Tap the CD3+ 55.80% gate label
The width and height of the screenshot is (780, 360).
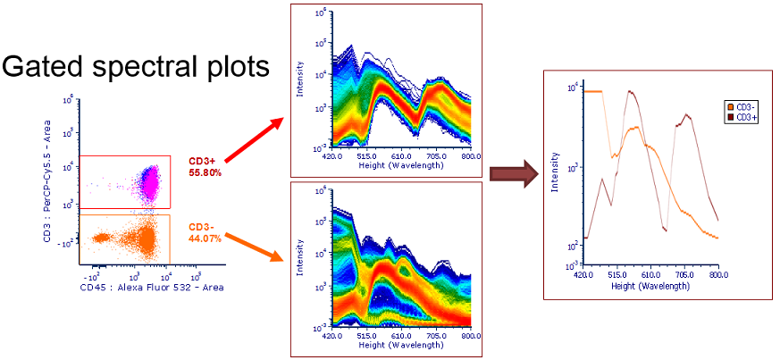[x=204, y=167]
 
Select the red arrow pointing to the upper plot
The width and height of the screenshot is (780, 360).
[x=256, y=140]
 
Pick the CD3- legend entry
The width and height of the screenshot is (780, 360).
[x=741, y=107]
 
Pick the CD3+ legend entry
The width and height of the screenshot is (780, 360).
[x=741, y=117]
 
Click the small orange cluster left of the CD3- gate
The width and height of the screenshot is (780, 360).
[x=100, y=238]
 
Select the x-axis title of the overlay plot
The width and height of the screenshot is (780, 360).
[x=650, y=287]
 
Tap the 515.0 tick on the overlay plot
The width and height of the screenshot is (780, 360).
[x=614, y=276]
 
